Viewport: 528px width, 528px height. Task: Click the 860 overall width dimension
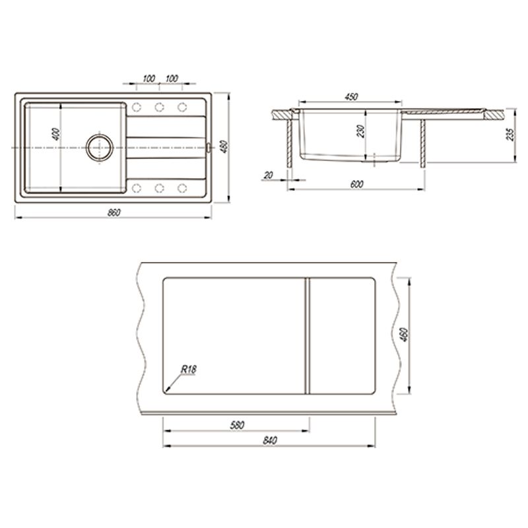114,213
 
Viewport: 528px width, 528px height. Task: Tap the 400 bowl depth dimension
56,134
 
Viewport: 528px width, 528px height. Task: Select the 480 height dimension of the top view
224,147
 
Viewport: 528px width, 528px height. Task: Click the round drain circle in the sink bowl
100,147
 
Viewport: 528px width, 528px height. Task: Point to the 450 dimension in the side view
351,96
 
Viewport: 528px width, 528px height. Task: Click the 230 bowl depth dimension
360,131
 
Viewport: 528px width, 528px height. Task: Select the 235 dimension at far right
511,135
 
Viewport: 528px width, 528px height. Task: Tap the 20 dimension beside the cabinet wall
269,175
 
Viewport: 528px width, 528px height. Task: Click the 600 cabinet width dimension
357,184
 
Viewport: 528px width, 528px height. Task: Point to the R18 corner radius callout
189,370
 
